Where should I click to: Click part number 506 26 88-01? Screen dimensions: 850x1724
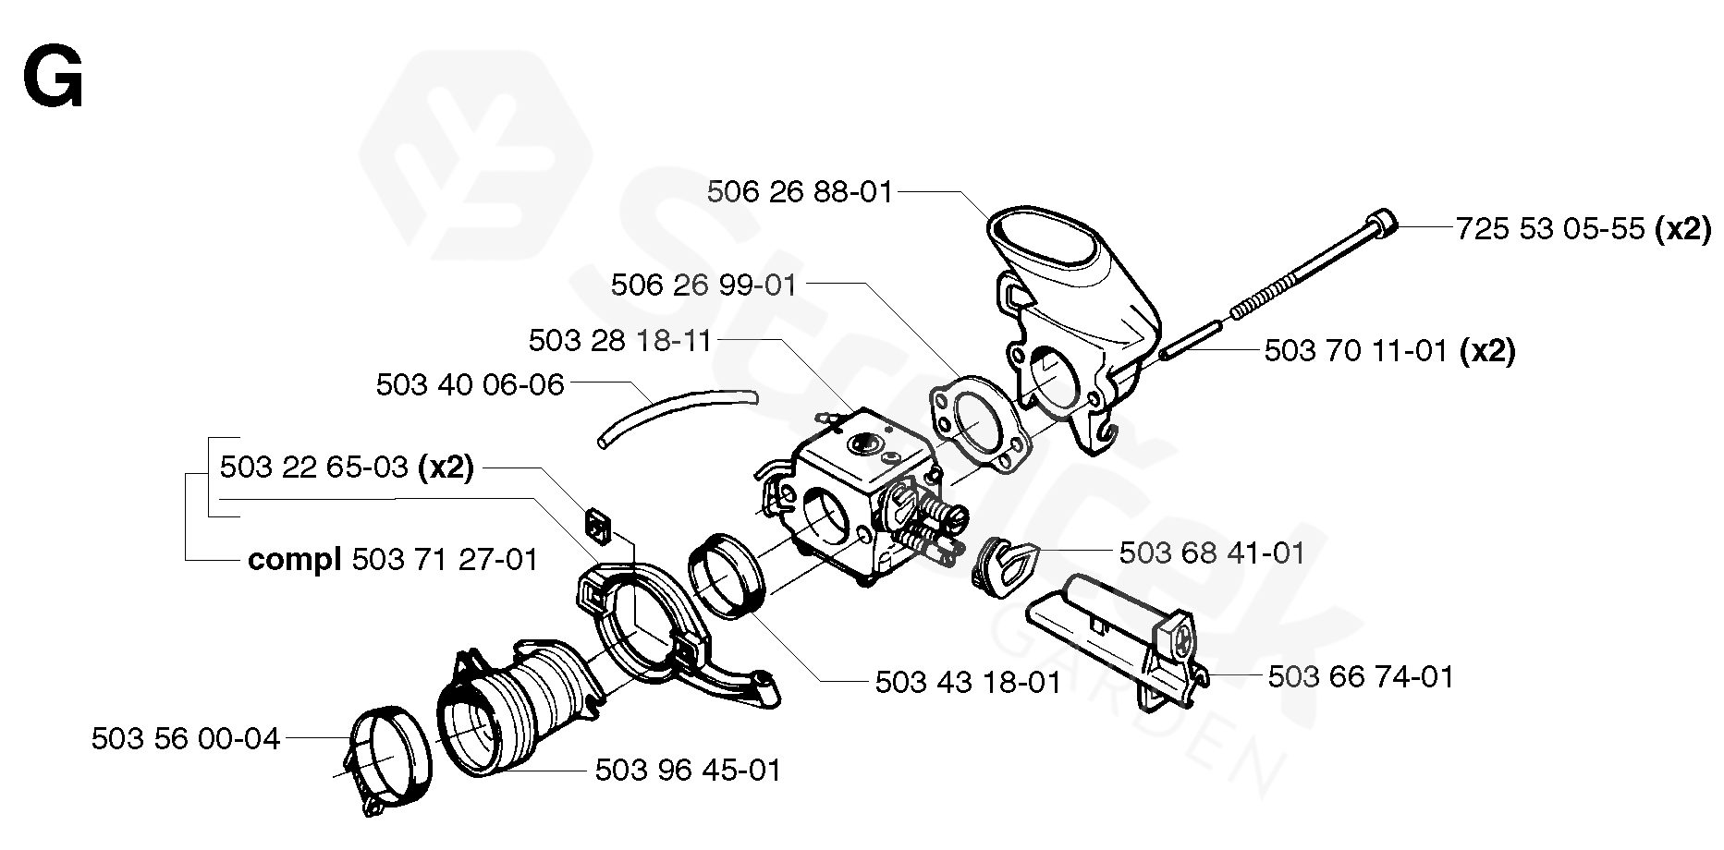[x=800, y=192]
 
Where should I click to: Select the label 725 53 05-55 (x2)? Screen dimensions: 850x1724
[x=1582, y=228]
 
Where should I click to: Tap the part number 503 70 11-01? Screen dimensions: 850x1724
[x=1354, y=351]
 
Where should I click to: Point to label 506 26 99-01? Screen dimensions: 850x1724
[x=703, y=285]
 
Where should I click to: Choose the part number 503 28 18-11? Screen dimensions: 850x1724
[x=619, y=341]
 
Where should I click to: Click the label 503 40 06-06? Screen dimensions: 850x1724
[x=470, y=384]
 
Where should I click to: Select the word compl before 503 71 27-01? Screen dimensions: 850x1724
[x=295, y=560]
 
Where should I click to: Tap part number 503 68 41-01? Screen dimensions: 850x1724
[x=1211, y=553]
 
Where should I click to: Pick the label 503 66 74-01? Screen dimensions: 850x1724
[x=1360, y=677]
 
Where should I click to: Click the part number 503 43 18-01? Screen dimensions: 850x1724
[x=968, y=683]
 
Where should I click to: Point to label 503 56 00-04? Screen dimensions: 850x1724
[x=186, y=739]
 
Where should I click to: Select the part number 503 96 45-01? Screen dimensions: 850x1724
[x=688, y=770]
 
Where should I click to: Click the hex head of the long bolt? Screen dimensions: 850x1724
[x=1381, y=224]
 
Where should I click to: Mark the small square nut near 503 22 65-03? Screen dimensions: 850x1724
[x=598, y=525]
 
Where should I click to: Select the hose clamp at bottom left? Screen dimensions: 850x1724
[x=388, y=762]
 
